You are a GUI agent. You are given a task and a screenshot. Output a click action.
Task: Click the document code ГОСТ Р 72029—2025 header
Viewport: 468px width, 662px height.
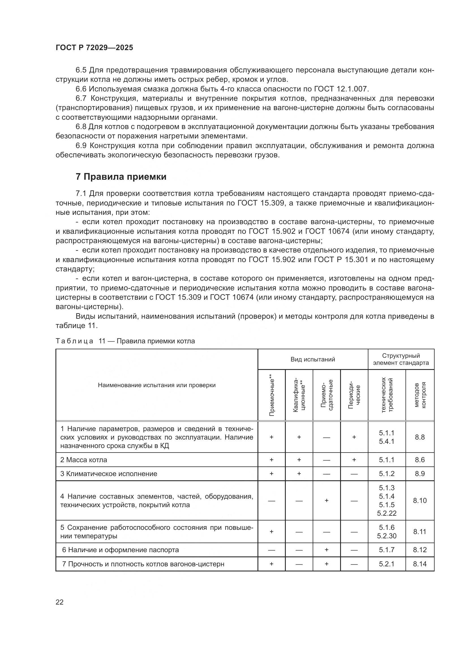click(x=94, y=48)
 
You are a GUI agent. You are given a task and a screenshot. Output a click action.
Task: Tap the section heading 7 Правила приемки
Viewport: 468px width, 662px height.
click(x=121, y=176)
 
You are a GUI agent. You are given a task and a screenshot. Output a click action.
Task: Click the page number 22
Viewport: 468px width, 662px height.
click(x=59, y=602)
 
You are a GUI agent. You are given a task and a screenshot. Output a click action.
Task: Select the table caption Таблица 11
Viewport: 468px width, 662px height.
click(x=125, y=341)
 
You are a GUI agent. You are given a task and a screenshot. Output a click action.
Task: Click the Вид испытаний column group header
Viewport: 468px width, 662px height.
click(x=312, y=359)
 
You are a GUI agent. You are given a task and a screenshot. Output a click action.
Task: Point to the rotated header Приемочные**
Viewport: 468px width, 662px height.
click(x=271, y=395)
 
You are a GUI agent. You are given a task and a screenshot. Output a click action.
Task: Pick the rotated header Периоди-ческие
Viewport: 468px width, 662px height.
click(x=354, y=395)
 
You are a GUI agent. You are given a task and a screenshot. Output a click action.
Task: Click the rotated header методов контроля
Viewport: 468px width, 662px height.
click(x=420, y=395)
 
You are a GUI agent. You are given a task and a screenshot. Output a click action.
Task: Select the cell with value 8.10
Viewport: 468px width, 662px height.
click(x=420, y=501)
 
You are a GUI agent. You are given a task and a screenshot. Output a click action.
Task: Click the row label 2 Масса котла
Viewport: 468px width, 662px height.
click(x=83, y=460)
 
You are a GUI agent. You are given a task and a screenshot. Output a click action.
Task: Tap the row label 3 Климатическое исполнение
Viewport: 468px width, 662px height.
click(x=109, y=474)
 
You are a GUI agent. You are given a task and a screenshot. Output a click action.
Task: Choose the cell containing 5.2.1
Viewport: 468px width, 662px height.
click(x=387, y=564)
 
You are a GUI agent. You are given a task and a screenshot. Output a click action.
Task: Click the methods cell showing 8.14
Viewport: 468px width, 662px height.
click(x=420, y=564)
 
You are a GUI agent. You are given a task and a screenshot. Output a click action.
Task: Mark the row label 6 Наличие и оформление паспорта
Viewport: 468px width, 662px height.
click(x=121, y=550)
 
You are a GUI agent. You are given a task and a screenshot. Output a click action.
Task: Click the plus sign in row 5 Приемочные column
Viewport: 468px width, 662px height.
click(x=271, y=532)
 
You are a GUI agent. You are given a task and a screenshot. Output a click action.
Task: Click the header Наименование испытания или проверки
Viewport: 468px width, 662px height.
click(x=156, y=385)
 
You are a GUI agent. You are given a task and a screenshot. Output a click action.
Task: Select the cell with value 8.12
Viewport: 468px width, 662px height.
click(x=420, y=550)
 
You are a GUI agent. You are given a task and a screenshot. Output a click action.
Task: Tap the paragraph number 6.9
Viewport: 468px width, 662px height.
click(x=81, y=145)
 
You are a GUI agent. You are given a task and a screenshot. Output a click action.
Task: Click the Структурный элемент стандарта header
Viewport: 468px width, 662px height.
click(x=401, y=359)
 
